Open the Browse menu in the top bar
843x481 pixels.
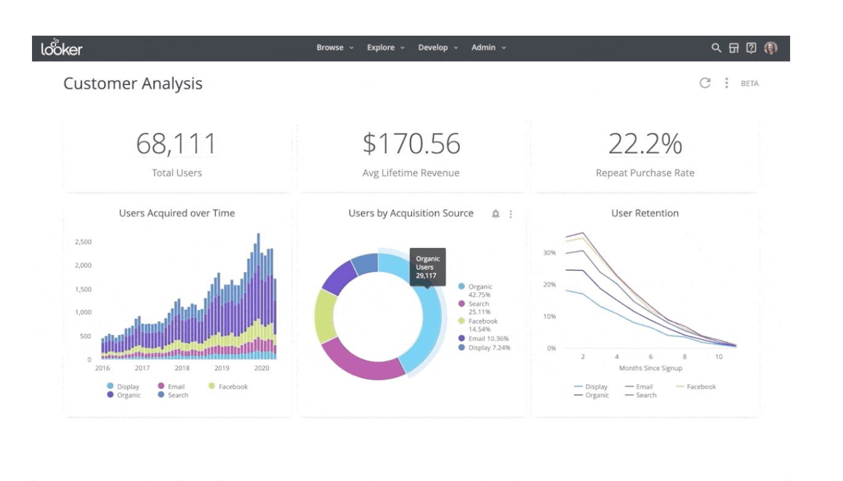334,48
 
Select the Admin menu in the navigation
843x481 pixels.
488,48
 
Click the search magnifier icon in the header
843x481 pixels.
716,48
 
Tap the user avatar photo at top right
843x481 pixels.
770,48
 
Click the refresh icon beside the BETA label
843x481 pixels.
705,83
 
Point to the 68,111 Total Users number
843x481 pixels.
177,143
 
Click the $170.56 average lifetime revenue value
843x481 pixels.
411,143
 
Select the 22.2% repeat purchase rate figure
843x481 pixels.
645,143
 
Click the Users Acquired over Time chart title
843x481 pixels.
177,213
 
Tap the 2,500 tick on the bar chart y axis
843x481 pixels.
82,242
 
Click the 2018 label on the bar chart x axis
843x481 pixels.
182,368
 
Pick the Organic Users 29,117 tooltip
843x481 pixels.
428,268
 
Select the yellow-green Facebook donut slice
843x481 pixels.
324,315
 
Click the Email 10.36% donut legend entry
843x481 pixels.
489,338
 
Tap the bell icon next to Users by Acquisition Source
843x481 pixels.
496,214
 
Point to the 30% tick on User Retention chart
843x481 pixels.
549,253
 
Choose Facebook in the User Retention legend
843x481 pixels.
700,387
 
